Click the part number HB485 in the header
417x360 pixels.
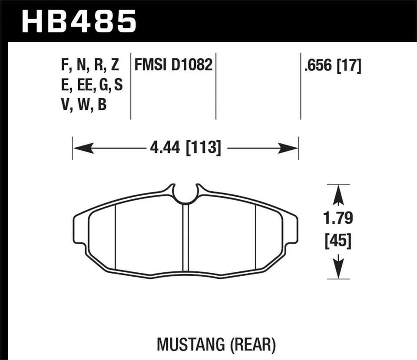click(x=79, y=21)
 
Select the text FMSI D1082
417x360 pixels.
click(x=173, y=66)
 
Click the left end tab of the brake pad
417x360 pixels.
click(x=78, y=228)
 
